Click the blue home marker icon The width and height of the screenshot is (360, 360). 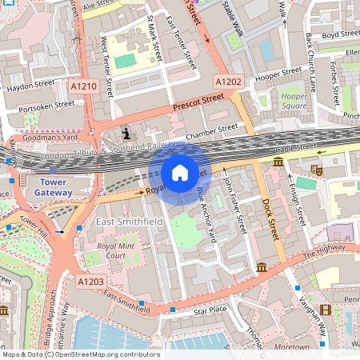click(x=180, y=173)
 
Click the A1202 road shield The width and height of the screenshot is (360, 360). click(x=228, y=82)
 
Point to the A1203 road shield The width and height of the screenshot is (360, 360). click(x=91, y=281)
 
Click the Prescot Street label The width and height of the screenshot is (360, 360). click(x=198, y=102)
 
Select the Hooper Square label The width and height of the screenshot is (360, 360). click(x=294, y=101)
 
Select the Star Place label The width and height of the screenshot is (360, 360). click(x=210, y=309)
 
